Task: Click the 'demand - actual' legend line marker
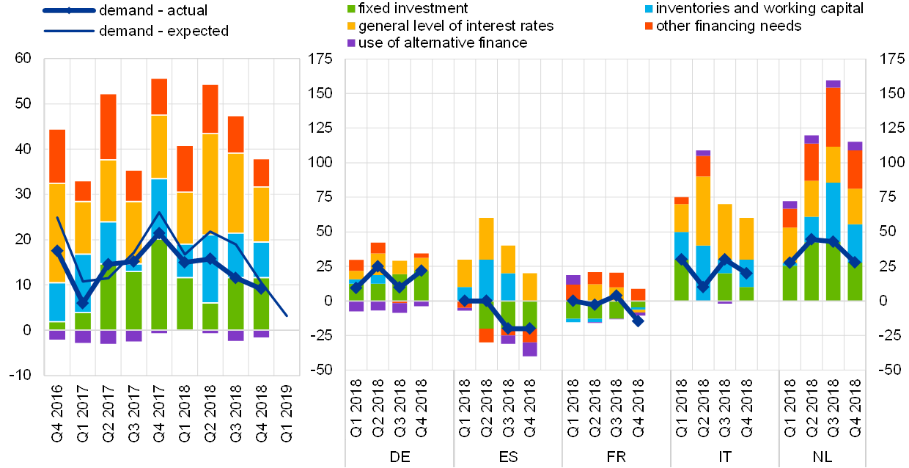[x=68, y=11]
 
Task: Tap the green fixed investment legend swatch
[x=352, y=9]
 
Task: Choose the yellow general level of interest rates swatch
[x=352, y=26]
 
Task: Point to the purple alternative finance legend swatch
[x=352, y=43]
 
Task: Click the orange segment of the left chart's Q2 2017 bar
[x=108, y=126]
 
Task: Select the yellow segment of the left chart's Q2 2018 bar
[x=211, y=183]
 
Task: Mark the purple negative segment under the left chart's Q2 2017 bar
[x=108, y=337]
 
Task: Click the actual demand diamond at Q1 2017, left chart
[x=83, y=302]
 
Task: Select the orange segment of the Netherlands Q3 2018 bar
[x=833, y=117]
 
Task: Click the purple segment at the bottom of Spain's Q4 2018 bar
[x=530, y=349]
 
